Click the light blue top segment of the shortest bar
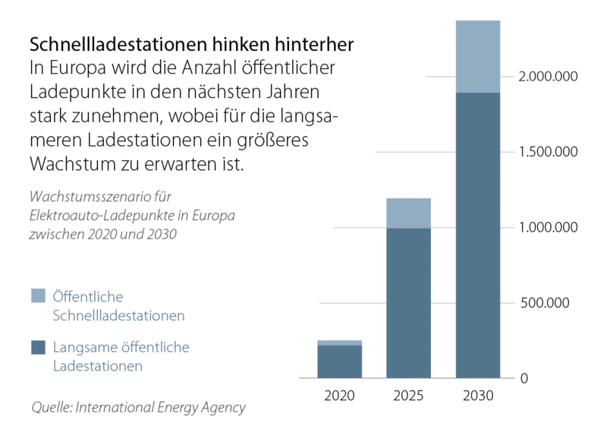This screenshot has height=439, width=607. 339,340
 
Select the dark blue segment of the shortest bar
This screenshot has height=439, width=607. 339,362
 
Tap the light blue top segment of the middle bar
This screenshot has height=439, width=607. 409,212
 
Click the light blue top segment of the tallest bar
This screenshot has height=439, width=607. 479,55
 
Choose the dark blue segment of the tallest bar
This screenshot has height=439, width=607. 479,235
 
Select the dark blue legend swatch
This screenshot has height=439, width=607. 38,347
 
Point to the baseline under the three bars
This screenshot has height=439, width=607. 406,379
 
